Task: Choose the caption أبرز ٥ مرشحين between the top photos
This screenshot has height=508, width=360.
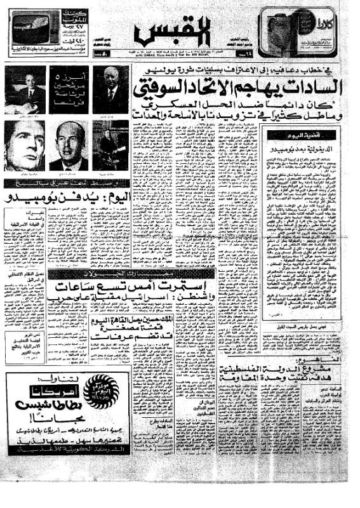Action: tap(63, 84)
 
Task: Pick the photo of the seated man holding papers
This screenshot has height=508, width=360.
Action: tap(25, 87)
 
